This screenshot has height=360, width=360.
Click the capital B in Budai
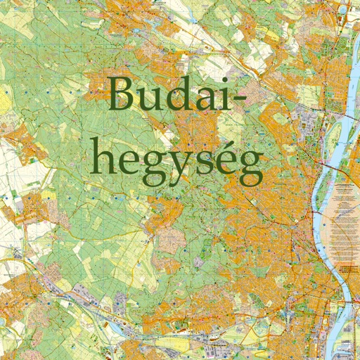click(125, 95)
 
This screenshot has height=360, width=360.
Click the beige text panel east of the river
click(345, 218)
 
